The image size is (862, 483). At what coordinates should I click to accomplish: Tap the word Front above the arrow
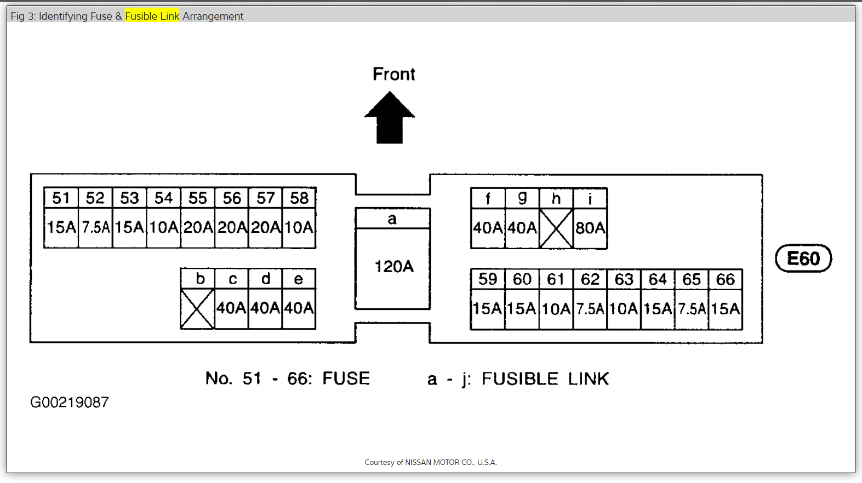point(393,74)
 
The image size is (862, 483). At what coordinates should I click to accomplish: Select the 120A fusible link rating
point(393,267)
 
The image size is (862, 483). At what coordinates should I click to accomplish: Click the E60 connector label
point(803,258)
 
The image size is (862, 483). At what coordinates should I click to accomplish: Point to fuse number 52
point(95,198)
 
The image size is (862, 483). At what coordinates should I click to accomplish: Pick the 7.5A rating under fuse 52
point(96,227)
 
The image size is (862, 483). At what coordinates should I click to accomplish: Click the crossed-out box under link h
point(556,228)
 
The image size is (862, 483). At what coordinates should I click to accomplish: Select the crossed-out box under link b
point(197,309)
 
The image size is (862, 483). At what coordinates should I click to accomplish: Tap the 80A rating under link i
point(590,228)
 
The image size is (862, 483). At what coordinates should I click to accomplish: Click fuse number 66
point(726,279)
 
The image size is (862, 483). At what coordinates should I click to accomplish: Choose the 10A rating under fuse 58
point(299,227)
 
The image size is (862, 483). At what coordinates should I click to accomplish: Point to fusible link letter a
point(392,219)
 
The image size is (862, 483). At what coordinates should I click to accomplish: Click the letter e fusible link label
point(299,279)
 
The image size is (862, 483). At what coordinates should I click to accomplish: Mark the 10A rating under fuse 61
point(556,309)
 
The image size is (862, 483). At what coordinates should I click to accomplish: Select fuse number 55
point(198,198)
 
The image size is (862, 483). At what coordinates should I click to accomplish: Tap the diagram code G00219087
point(70,403)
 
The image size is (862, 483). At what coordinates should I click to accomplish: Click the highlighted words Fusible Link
point(152,16)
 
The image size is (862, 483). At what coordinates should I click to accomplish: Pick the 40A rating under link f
point(488,228)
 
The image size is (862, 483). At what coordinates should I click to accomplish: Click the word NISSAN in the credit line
point(418,462)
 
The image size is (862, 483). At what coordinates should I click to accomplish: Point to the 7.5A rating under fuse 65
point(692,309)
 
